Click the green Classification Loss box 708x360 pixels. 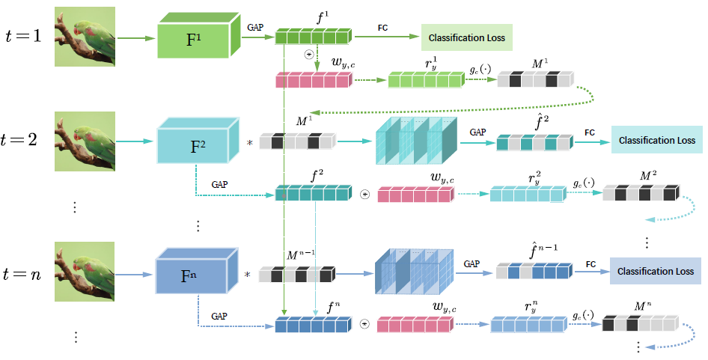point(466,37)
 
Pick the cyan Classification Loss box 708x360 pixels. point(656,140)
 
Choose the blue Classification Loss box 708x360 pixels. point(655,271)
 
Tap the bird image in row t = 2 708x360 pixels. point(85,141)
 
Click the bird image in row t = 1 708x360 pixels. point(85,37)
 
